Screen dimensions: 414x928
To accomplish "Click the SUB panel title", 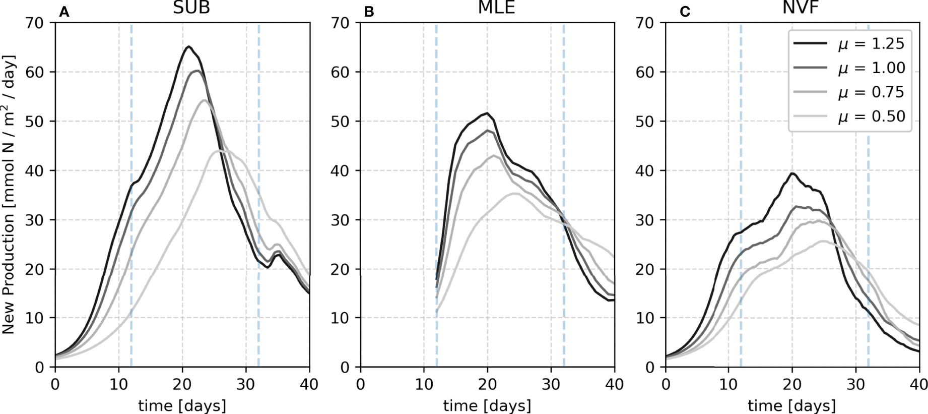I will coord(191,8).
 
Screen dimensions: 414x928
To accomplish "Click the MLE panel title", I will coord(496,8).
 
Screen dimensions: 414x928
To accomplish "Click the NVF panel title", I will coord(801,8).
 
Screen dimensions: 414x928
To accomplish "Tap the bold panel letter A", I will coord(64,12).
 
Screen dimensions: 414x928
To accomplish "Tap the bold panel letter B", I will coord(369,12).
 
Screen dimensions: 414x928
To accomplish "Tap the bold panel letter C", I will coord(685,12).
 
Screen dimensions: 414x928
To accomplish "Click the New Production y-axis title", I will coord(9,194).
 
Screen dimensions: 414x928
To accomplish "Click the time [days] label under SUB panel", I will coord(182,405).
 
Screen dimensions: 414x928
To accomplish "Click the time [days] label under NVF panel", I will coord(791,405).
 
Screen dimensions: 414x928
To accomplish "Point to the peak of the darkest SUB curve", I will coord(188,46).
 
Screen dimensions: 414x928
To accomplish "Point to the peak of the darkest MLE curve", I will coord(487,113).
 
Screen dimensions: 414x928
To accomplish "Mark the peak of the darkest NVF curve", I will coord(792,173).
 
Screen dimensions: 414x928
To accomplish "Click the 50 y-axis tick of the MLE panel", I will coord(340,122).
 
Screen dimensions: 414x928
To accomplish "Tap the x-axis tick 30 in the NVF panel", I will coord(855,385).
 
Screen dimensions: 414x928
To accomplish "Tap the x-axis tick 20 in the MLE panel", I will coord(487,385).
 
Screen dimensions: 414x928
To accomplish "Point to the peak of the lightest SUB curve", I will coord(221,150).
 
